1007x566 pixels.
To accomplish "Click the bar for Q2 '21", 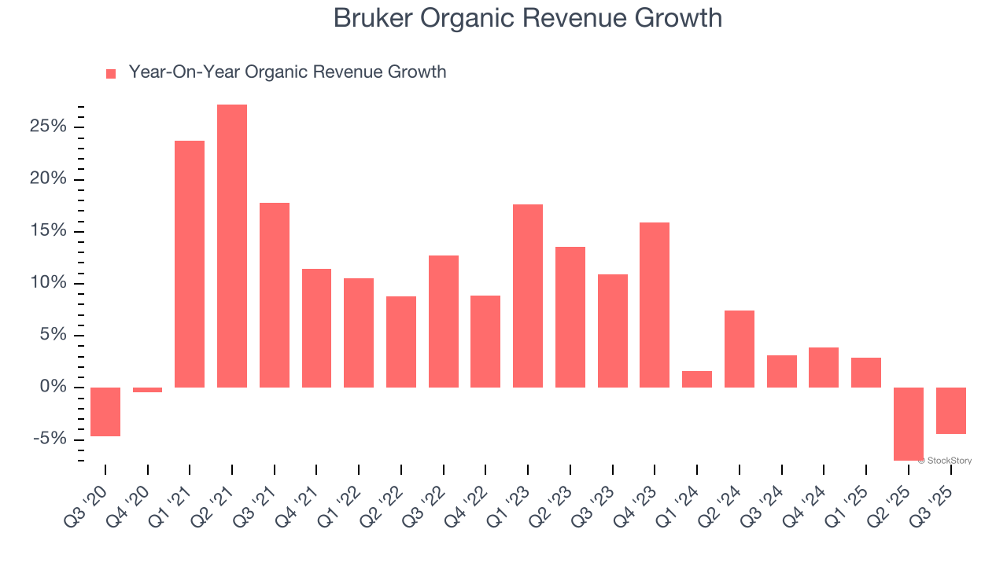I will coord(232,245).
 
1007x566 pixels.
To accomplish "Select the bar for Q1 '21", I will coord(190,263).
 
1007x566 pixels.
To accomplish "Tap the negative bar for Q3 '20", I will coord(105,411).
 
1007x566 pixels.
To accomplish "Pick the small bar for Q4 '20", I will coord(147,390).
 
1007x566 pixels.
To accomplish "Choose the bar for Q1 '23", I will coord(528,296).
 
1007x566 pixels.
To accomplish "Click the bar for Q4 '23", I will coord(655,304).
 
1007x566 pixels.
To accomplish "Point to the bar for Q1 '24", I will coord(697,379).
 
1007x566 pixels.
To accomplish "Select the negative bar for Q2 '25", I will coord(909,424).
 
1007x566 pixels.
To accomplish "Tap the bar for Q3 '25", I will coord(951,410).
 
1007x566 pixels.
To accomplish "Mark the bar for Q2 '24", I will coord(740,348).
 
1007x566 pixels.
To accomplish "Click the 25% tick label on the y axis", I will coord(50,127).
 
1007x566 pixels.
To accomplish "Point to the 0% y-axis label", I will coord(54,387).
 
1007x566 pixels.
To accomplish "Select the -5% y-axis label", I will coord(51,439).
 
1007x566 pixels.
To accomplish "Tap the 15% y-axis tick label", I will coord(50,231).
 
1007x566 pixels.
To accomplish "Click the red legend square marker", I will coord(111,73).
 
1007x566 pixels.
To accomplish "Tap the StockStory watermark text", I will coord(946,461).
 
